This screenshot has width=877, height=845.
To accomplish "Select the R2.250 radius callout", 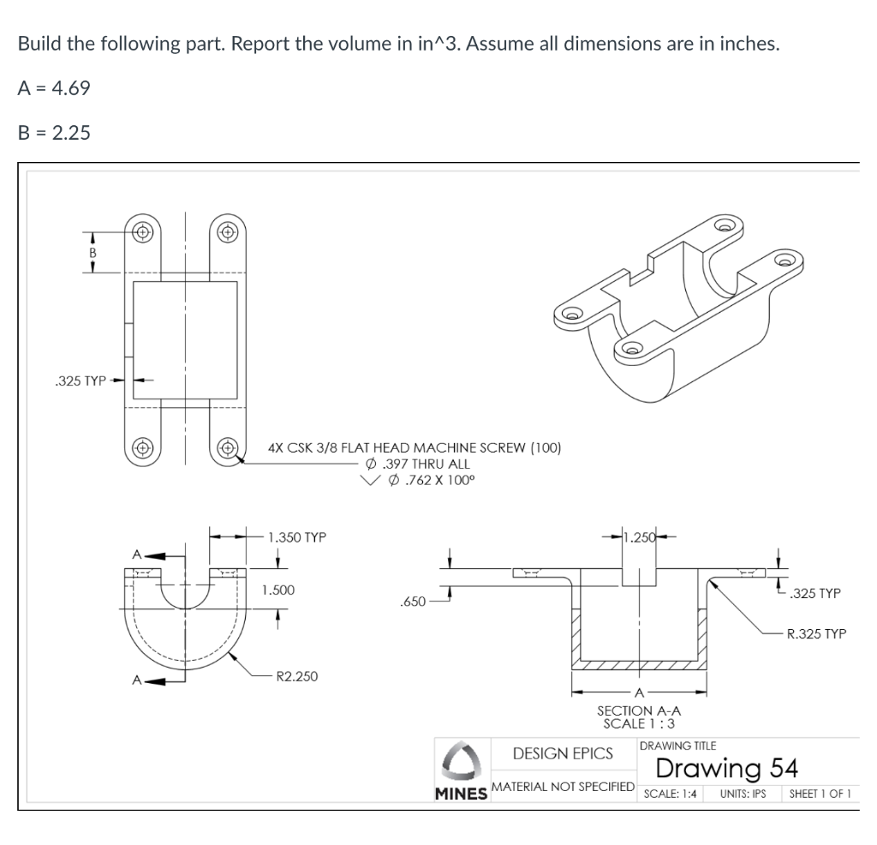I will (x=293, y=676).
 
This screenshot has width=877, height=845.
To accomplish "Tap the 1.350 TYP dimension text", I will (x=296, y=538).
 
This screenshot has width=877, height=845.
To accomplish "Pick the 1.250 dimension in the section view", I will (x=639, y=538).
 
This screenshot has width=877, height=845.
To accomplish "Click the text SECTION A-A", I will (x=638, y=710).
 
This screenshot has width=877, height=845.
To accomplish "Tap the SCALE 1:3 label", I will (x=638, y=723).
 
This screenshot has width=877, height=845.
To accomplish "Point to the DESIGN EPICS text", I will (x=563, y=753).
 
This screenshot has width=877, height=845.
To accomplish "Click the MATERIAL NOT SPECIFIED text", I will (x=563, y=786).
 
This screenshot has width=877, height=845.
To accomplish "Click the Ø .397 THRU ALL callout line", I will (x=417, y=464).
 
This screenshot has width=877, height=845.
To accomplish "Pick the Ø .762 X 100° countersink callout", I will (x=426, y=479).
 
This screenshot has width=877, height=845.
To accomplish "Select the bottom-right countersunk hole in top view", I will (x=227, y=446).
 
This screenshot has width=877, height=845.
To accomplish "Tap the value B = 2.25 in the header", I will (x=54, y=133).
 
